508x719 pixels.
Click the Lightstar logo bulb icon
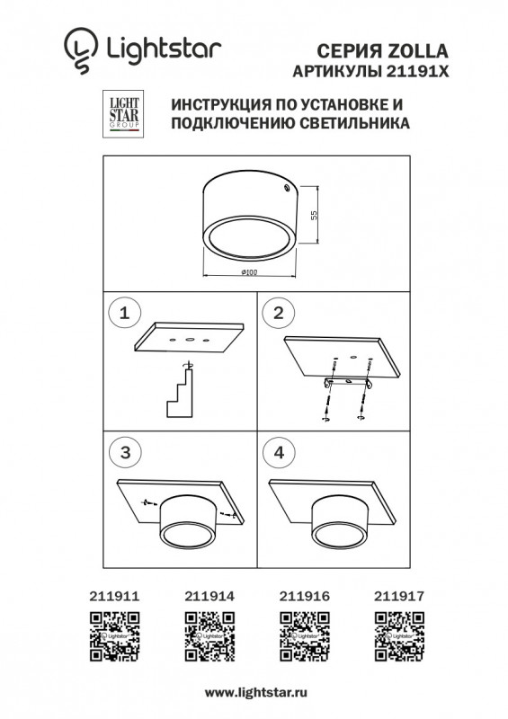click(x=80, y=49)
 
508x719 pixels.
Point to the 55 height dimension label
click(x=315, y=216)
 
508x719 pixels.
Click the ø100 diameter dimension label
click(x=249, y=271)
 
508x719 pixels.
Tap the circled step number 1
click(x=125, y=314)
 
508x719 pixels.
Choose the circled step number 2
click(x=278, y=314)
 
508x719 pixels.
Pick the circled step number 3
click(x=125, y=453)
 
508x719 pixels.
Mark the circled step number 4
click(x=278, y=453)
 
